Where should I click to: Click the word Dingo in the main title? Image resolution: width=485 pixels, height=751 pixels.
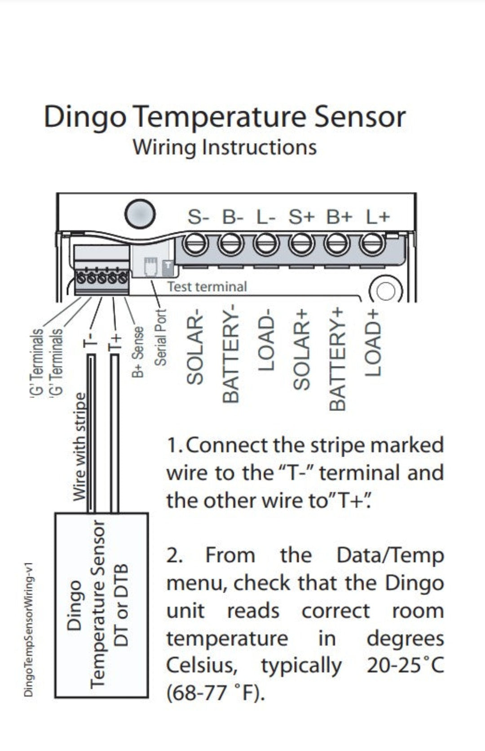click(85, 118)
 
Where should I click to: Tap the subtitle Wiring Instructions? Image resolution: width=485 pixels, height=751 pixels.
click(225, 148)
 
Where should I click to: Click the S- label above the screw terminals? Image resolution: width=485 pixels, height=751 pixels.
click(198, 217)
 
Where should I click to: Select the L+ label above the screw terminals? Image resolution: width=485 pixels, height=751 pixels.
click(378, 217)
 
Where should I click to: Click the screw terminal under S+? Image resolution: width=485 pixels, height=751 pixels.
click(302, 245)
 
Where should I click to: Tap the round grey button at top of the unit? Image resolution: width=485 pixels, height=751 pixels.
click(140, 214)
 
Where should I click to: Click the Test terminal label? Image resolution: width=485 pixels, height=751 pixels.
click(207, 287)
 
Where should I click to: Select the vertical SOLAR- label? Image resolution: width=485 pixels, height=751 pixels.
click(195, 349)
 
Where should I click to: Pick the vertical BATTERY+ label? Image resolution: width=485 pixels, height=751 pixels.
click(338, 359)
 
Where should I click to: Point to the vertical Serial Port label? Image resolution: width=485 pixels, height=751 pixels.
click(160, 337)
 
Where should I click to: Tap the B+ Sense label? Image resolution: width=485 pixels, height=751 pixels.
click(138, 351)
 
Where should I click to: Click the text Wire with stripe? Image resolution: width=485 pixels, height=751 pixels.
click(79, 446)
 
